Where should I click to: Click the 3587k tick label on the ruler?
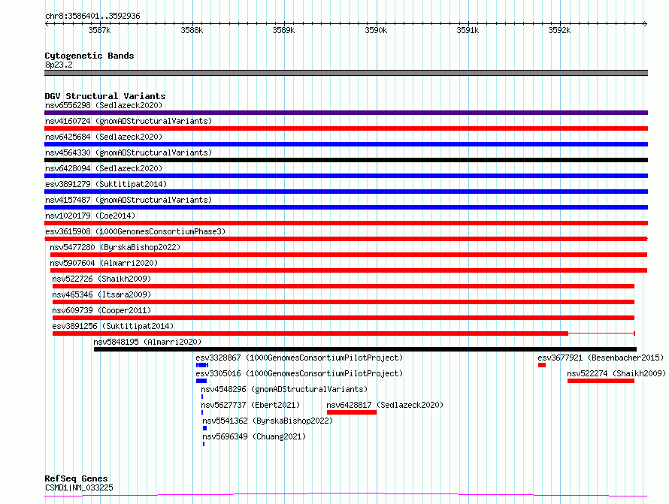click(99, 30)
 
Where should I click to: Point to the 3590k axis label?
click(376, 30)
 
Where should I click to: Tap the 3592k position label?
click(559, 30)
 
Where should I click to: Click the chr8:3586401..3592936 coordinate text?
click(92, 16)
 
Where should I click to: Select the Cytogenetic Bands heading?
click(89, 56)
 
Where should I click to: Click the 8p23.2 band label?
click(59, 65)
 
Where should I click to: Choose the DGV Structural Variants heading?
click(105, 96)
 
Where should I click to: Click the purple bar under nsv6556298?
click(346, 113)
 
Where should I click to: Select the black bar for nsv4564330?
click(346, 160)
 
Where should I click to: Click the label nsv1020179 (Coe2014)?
click(90, 216)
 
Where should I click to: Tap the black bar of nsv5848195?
click(365, 349)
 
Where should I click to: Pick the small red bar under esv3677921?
click(542, 365)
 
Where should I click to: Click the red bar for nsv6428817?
click(352, 412)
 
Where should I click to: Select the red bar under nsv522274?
click(601, 381)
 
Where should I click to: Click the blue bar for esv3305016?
click(201, 381)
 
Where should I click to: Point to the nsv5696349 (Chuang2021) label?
click(254, 436)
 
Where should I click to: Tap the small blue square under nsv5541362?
click(204, 428)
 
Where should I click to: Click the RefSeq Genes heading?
click(77, 478)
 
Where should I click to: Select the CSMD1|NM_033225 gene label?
click(80, 487)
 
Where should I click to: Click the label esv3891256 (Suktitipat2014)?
click(113, 326)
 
